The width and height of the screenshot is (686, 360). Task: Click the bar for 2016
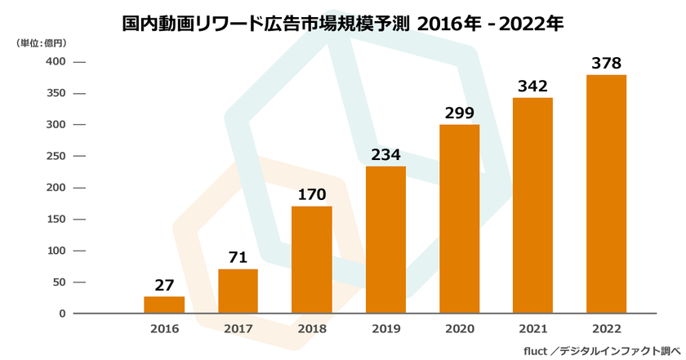(x=164, y=304)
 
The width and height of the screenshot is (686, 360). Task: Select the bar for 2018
(x=311, y=260)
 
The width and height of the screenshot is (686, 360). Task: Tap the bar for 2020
(x=459, y=219)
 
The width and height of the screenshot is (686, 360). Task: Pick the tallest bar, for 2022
(x=607, y=194)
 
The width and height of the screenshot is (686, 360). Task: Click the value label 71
(x=238, y=258)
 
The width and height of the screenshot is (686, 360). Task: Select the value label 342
(x=532, y=87)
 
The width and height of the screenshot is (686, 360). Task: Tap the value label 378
(x=607, y=64)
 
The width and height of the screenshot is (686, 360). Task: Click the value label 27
(x=164, y=286)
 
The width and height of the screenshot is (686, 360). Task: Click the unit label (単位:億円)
(x=42, y=42)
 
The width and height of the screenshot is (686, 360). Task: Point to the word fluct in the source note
(x=537, y=349)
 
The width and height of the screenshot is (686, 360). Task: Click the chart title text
(x=342, y=23)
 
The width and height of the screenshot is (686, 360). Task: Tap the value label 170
(x=311, y=195)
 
